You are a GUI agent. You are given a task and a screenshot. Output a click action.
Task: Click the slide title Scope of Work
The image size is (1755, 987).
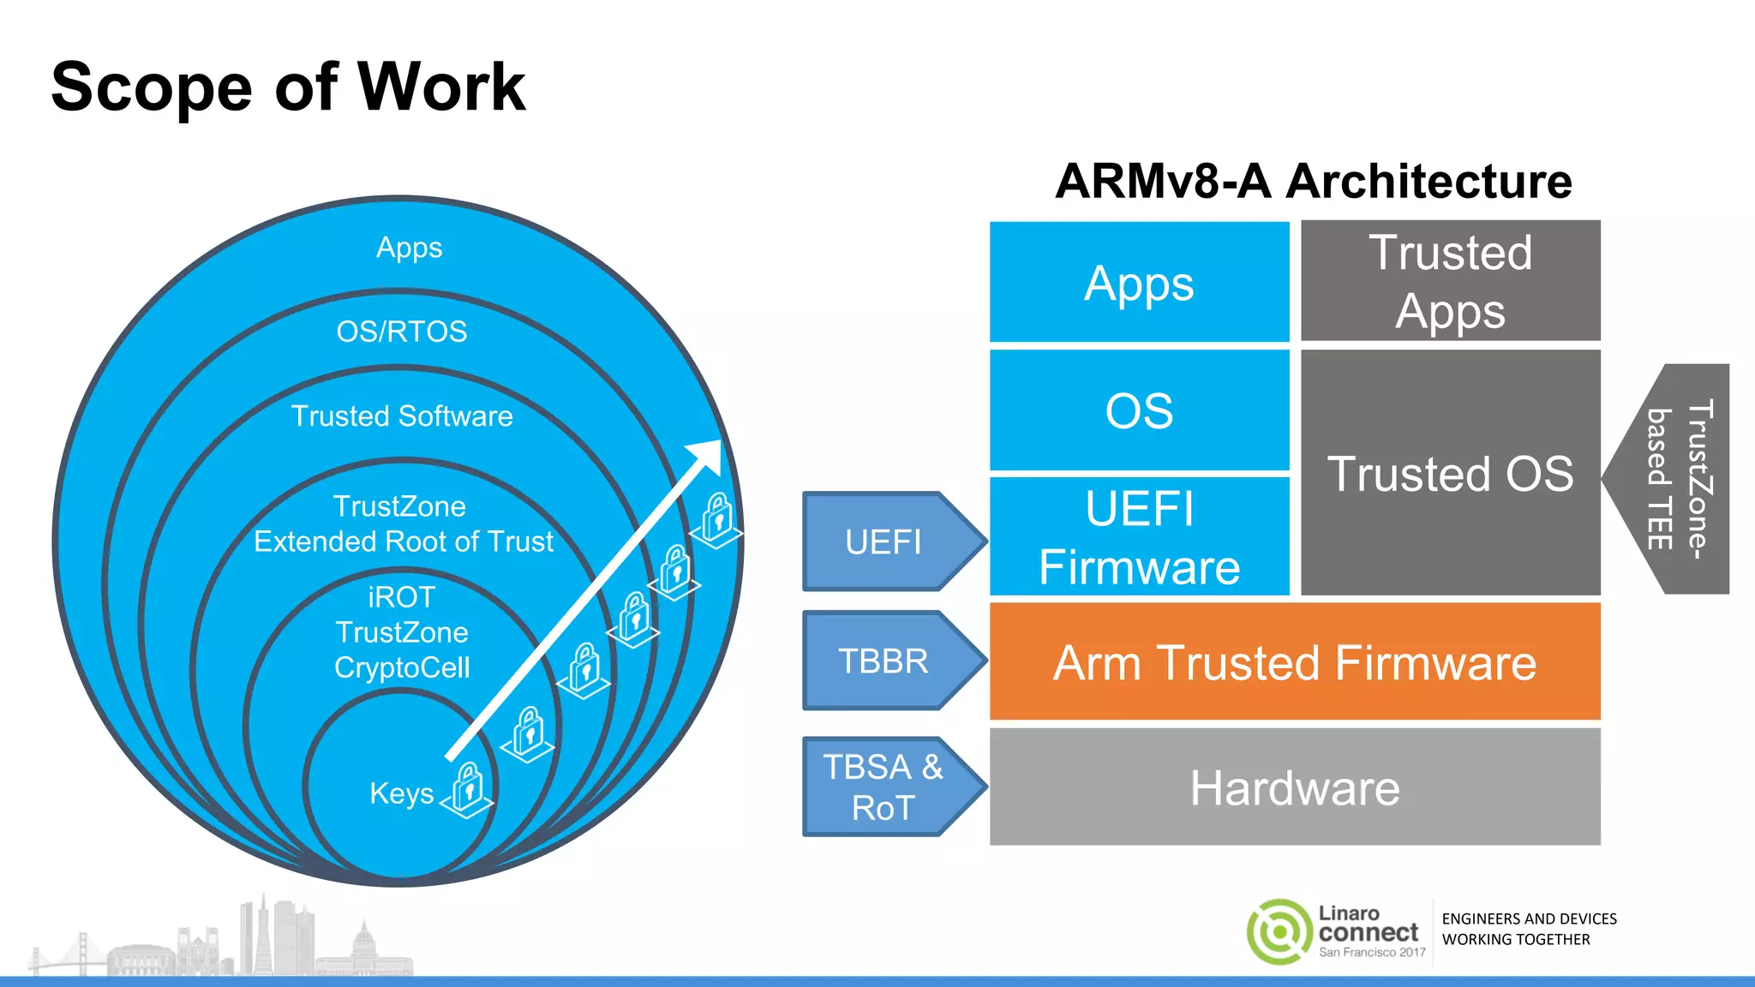pos(288,87)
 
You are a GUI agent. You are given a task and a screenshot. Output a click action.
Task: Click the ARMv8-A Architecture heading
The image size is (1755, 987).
pos(1313,182)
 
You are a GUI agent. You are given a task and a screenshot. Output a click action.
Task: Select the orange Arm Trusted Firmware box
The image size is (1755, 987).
pos(1294,661)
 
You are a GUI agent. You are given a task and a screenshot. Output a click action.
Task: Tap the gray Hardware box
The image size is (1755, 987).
pos(1294,787)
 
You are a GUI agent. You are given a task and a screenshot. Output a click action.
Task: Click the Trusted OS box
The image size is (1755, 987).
pos(1450,473)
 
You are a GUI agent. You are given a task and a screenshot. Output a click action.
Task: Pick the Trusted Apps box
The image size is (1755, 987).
pos(1450,281)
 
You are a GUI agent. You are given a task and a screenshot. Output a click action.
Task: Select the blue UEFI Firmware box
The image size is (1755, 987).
pos(1139,536)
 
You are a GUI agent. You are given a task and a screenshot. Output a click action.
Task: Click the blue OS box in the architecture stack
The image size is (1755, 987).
pos(1139,410)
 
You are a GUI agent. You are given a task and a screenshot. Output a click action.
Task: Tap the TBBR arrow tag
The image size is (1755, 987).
pos(884,661)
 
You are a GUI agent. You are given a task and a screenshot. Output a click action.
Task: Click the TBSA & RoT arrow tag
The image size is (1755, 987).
pos(884,787)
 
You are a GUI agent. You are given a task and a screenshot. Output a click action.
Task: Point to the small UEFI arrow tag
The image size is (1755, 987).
pos(884,541)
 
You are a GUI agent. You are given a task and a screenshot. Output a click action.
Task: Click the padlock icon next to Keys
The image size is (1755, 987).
pos(468,787)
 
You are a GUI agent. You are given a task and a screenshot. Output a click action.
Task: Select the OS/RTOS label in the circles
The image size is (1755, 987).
pos(401,332)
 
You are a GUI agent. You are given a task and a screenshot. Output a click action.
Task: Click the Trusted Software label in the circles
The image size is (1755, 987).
pos(401,416)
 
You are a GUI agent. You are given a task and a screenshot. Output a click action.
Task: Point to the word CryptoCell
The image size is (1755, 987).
pos(401,667)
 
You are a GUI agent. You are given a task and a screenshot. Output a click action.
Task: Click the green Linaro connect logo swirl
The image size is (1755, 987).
pos(1279,931)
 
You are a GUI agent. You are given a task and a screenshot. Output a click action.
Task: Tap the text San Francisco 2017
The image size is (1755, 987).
pos(1371,952)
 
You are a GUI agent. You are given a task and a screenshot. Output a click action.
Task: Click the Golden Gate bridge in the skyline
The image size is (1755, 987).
pos(77,955)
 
